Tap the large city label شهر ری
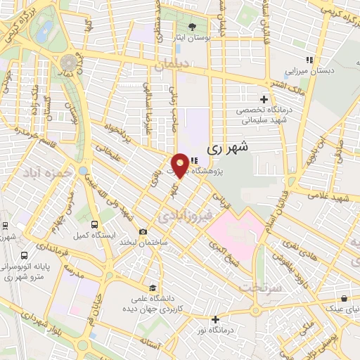(x=229, y=149)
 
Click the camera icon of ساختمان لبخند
(x=143, y=232)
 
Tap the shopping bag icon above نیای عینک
(x=343, y=298)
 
